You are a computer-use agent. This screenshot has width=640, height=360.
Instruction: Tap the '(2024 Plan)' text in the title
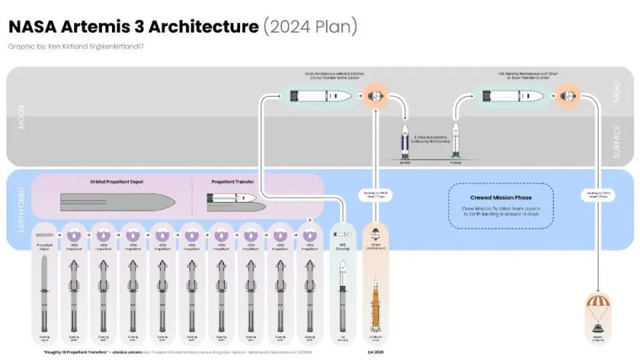pos(311,27)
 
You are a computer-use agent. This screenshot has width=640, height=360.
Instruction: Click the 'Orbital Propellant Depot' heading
pos(117,182)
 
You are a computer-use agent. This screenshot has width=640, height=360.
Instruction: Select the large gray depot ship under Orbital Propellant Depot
pos(117,202)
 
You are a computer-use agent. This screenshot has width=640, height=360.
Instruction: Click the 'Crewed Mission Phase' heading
pos(500,197)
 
